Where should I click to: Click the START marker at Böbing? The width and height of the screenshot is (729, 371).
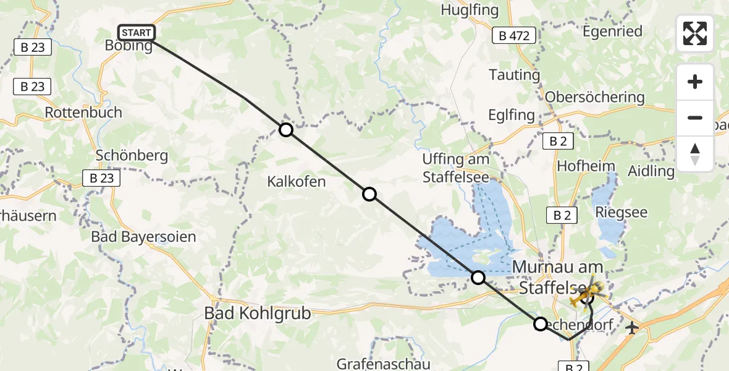(x=136, y=32)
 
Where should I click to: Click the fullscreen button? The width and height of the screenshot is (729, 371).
(x=695, y=33)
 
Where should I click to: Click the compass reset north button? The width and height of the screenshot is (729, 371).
(x=695, y=154)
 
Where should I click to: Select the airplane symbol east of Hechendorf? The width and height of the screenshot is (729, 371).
(x=631, y=328)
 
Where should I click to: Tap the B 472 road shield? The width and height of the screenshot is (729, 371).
(x=514, y=36)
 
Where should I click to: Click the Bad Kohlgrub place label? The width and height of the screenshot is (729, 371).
(x=257, y=313)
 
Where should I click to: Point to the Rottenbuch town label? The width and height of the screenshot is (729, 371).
(x=83, y=113)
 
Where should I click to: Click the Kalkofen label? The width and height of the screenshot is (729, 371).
(x=296, y=182)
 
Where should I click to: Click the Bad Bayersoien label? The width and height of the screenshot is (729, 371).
(x=143, y=236)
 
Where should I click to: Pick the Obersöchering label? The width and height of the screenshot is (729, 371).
(x=594, y=97)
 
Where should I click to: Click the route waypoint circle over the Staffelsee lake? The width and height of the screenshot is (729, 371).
(x=478, y=277)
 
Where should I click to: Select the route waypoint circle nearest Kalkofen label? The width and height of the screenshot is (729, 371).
(x=369, y=194)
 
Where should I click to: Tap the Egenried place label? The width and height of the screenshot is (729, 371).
(x=612, y=31)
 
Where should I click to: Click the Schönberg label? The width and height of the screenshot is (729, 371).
(x=132, y=155)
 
